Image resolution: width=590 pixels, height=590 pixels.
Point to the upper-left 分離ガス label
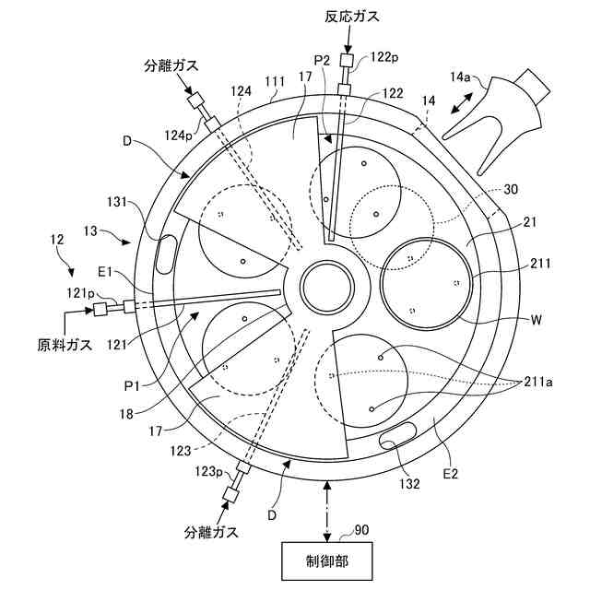click(171, 66)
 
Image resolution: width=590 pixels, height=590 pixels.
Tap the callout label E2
click(452, 475)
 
